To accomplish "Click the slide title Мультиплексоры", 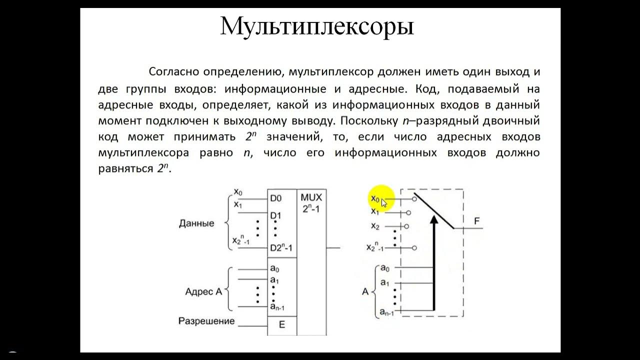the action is [x=317, y=26].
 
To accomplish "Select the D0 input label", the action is [x=275, y=198].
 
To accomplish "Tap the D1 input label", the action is [x=275, y=216].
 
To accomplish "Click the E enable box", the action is [x=281, y=324].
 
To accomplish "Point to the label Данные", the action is [x=196, y=223].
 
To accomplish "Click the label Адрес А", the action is [x=203, y=291].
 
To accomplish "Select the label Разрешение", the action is [x=206, y=321].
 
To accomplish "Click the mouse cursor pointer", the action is [x=384, y=202].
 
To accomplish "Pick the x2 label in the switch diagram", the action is [x=375, y=226].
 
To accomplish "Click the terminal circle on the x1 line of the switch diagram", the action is [x=408, y=213].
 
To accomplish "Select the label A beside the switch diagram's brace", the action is [x=365, y=291].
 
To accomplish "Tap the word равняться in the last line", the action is [x=125, y=169].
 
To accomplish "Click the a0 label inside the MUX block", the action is [x=274, y=268].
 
